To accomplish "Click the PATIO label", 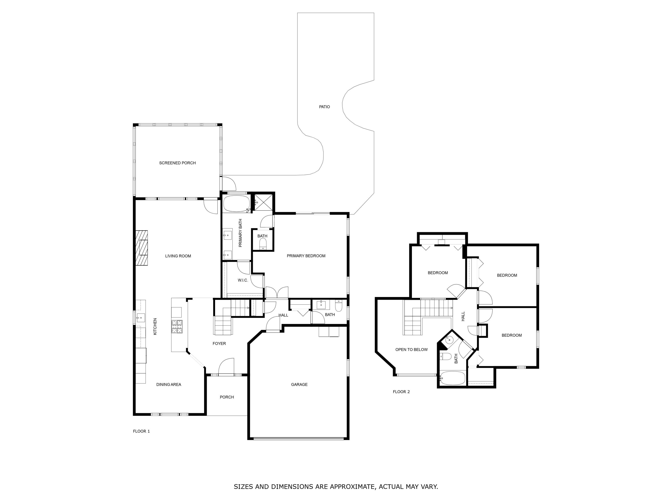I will (324, 107).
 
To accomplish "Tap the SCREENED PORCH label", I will (177, 163).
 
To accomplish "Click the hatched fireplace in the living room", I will (142, 248).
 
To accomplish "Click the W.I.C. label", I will (243, 280).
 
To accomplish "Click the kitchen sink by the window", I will (140, 318).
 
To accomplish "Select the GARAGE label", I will (299, 384).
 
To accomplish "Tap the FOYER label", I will (219, 343).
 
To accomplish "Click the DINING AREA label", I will (169, 384).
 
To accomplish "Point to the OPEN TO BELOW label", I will (411, 349).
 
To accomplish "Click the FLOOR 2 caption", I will (401, 392).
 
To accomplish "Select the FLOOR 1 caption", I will (141, 431).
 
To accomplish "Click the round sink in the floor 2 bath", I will (449, 340).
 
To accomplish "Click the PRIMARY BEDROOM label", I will (306, 256).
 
